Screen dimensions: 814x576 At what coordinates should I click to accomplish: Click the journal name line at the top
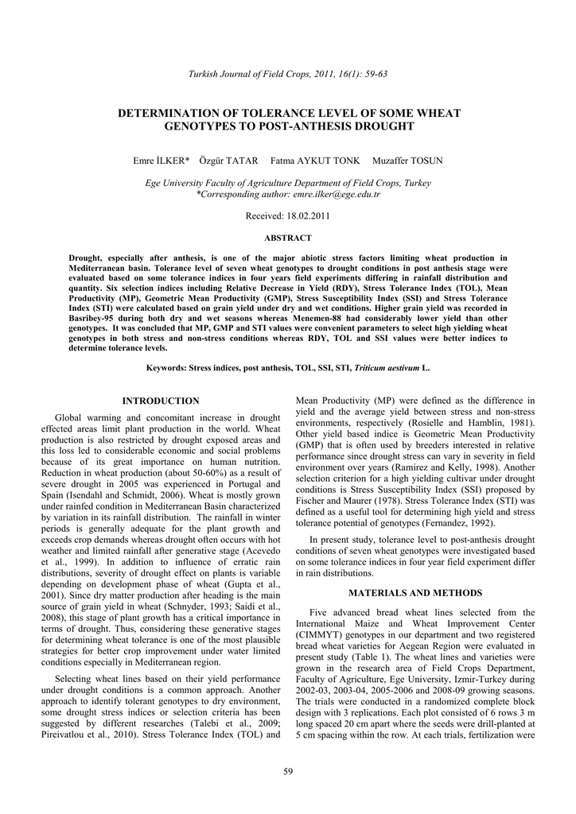point(287,74)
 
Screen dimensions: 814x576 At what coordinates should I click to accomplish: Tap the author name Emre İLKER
point(161,161)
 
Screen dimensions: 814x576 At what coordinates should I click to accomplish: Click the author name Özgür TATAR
point(228,161)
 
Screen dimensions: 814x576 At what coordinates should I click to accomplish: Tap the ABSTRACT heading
point(287,238)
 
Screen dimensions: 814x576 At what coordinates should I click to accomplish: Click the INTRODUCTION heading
point(161,401)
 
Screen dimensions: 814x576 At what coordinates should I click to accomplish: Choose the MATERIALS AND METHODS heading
point(414,593)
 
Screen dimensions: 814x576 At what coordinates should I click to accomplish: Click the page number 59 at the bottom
point(288,771)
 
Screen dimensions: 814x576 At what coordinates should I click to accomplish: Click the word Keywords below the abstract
point(166,368)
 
